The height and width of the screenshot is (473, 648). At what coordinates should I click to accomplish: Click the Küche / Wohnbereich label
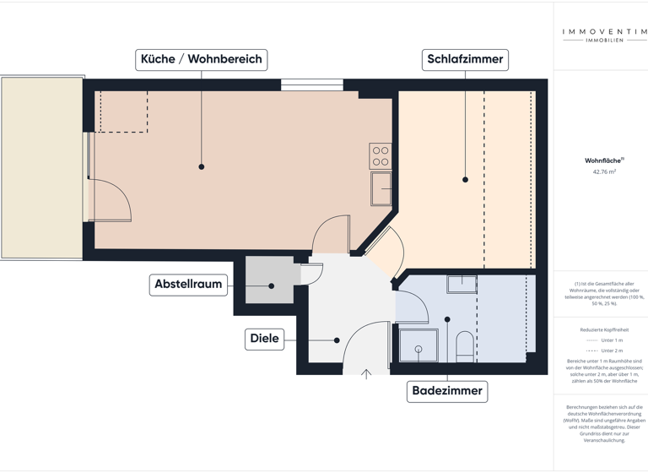pyautogui.click(x=202, y=59)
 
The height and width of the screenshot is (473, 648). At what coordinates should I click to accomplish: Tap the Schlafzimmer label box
pyautogui.click(x=465, y=59)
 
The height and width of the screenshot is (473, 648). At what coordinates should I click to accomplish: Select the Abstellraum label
pyautogui.click(x=188, y=285)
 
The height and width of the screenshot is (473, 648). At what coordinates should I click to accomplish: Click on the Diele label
pyautogui.click(x=264, y=339)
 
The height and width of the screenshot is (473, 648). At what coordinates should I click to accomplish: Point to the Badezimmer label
pyautogui.click(x=447, y=391)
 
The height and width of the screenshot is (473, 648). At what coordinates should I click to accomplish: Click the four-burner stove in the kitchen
pyautogui.click(x=381, y=156)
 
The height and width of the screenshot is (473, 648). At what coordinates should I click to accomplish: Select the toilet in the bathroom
pyautogui.click(x=464, y=346)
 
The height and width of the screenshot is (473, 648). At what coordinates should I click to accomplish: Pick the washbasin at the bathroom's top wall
pyautogui.click(x=462, y=284)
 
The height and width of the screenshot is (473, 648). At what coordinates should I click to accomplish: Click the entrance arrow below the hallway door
pyautogui.click(x=366, y=374)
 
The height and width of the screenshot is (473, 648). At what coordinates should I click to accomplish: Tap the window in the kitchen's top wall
pyautogui.click(x=311, y=84)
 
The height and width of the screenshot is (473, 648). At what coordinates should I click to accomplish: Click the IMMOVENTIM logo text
pyautogui.click(x=604, y=33)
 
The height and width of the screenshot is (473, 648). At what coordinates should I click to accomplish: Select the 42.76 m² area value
pyautogui.click(x=604, y=171)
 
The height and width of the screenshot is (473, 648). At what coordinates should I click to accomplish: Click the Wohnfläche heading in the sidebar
pyautogui.click(x=602, y=160)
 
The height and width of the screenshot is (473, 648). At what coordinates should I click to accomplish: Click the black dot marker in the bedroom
pyautogui.click(x=465, y=180)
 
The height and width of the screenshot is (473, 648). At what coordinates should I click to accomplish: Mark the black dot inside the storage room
pyautogui.click(x=272, y=286)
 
